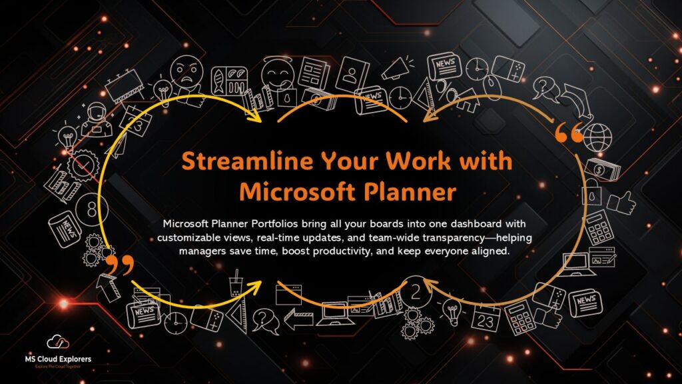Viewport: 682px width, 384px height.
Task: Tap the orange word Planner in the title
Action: (x=417, y=191)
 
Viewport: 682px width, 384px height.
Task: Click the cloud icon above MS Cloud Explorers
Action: (x=62, y=343)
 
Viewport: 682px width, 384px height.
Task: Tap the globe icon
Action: (x=599, y=136)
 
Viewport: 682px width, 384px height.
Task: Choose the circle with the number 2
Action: (x=416, y=291)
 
